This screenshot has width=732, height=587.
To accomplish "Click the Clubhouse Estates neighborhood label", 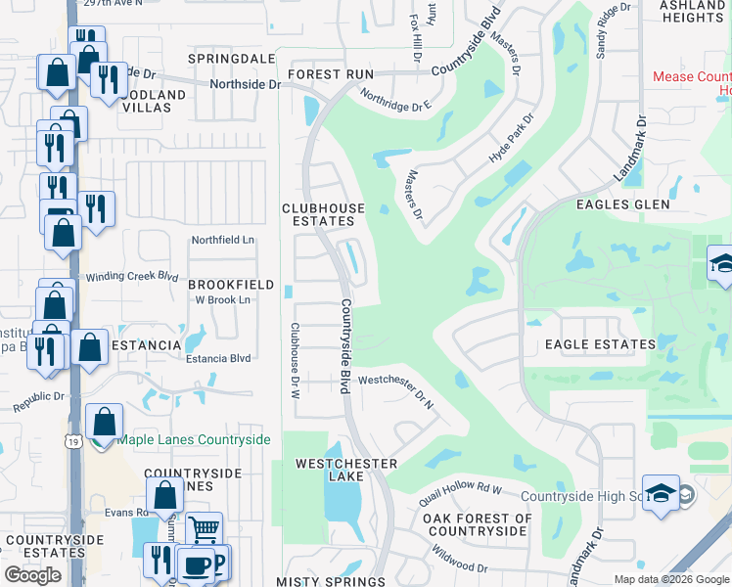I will (x=323, y=215).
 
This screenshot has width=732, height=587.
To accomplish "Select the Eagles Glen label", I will (x=623, y=204).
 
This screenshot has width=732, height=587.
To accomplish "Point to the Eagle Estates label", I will (x=600, y=344).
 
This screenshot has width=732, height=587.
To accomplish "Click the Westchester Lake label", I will (x=346, y=470).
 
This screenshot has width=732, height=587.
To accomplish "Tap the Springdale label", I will (x=233, y=59).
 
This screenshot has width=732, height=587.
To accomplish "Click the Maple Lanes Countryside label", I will (x=194, y=439).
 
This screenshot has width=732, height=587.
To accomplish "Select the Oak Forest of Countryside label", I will (x=478, y=524).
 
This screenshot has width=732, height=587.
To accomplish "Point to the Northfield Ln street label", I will (x=222, y=240).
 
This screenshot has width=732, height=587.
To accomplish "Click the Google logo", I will (x=32, y=575).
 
